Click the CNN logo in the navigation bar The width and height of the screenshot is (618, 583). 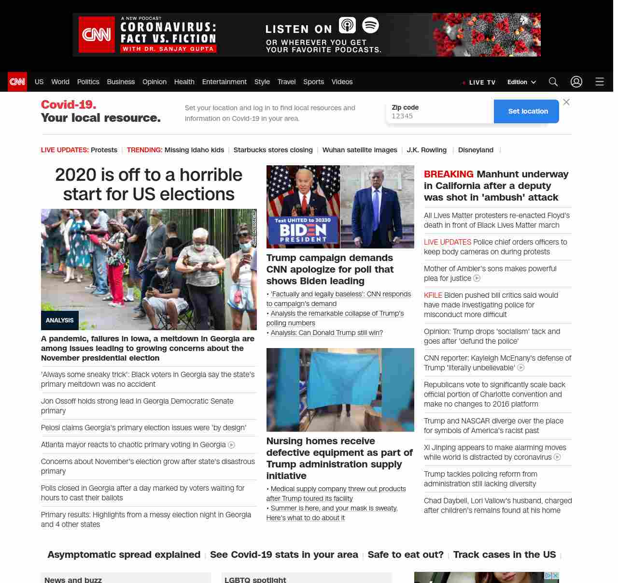click(17, 82)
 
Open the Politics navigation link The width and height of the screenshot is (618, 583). click(88, 82)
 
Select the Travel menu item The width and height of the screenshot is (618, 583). click(286, 82)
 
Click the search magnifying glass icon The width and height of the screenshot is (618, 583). click(553, 82)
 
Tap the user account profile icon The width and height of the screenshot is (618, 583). click(576, 82)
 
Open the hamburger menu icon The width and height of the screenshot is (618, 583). click(600, 82)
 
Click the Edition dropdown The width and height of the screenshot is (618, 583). click(521, 82)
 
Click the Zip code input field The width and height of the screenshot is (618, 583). click(439, 116)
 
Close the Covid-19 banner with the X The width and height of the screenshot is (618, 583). click(566, 102)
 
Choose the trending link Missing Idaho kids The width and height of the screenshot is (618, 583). click(194, 150)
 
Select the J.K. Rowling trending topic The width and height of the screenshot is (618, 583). click(426, 150)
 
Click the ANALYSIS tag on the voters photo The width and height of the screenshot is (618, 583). click(60, 320)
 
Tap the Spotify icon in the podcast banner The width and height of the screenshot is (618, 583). click(370, 25)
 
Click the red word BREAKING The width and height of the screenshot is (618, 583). click(449, 174)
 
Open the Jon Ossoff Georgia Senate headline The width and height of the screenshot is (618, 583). click(137, 406)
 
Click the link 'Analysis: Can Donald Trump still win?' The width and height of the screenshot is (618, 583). click(326, 333)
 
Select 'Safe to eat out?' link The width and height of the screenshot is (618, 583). click(406, 554)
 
